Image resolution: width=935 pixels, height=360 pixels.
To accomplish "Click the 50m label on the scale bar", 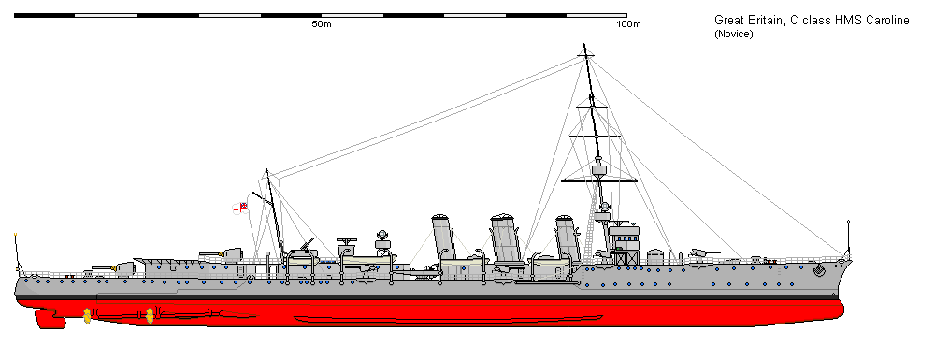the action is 321,24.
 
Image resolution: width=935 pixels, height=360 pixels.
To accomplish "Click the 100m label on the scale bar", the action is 628,24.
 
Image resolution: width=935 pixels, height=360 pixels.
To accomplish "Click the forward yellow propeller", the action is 149,315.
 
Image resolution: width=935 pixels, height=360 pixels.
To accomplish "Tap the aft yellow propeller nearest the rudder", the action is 87,315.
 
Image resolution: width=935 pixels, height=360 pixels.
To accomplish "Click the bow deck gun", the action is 698,252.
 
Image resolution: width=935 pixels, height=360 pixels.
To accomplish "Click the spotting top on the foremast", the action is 599,171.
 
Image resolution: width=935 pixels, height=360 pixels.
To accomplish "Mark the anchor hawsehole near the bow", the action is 820,271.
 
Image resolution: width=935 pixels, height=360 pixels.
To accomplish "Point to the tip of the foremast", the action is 585,49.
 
